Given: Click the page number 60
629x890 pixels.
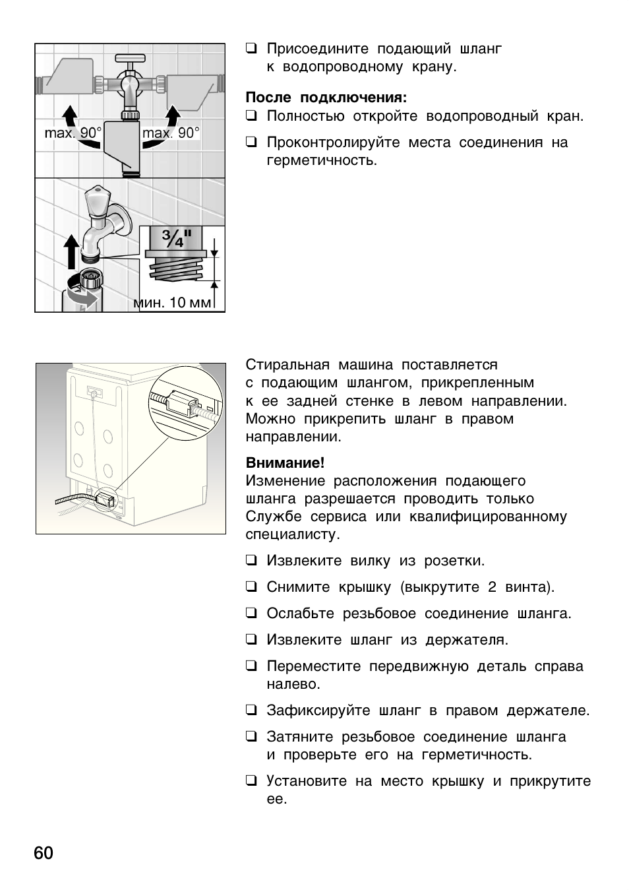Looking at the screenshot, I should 44,853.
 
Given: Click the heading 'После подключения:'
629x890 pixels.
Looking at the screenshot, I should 326,98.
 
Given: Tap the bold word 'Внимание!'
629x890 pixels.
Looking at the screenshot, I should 285,462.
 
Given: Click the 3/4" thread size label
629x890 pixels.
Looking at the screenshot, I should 176,239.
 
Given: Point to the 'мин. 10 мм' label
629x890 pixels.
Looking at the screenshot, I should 173,303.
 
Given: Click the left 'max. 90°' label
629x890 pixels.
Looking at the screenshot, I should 73,133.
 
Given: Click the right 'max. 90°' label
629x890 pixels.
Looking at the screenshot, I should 170,133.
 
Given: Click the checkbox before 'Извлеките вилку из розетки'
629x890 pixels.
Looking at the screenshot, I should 251,561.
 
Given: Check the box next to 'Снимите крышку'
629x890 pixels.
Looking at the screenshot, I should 251,587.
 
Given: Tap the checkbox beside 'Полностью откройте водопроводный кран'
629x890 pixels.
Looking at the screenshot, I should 251,117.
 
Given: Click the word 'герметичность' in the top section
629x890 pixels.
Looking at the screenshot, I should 321,161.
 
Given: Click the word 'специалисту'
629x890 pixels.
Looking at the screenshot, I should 292,534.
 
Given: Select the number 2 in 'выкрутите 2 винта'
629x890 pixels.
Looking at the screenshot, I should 492,587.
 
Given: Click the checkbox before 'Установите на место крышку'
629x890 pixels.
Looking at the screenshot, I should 251,781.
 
